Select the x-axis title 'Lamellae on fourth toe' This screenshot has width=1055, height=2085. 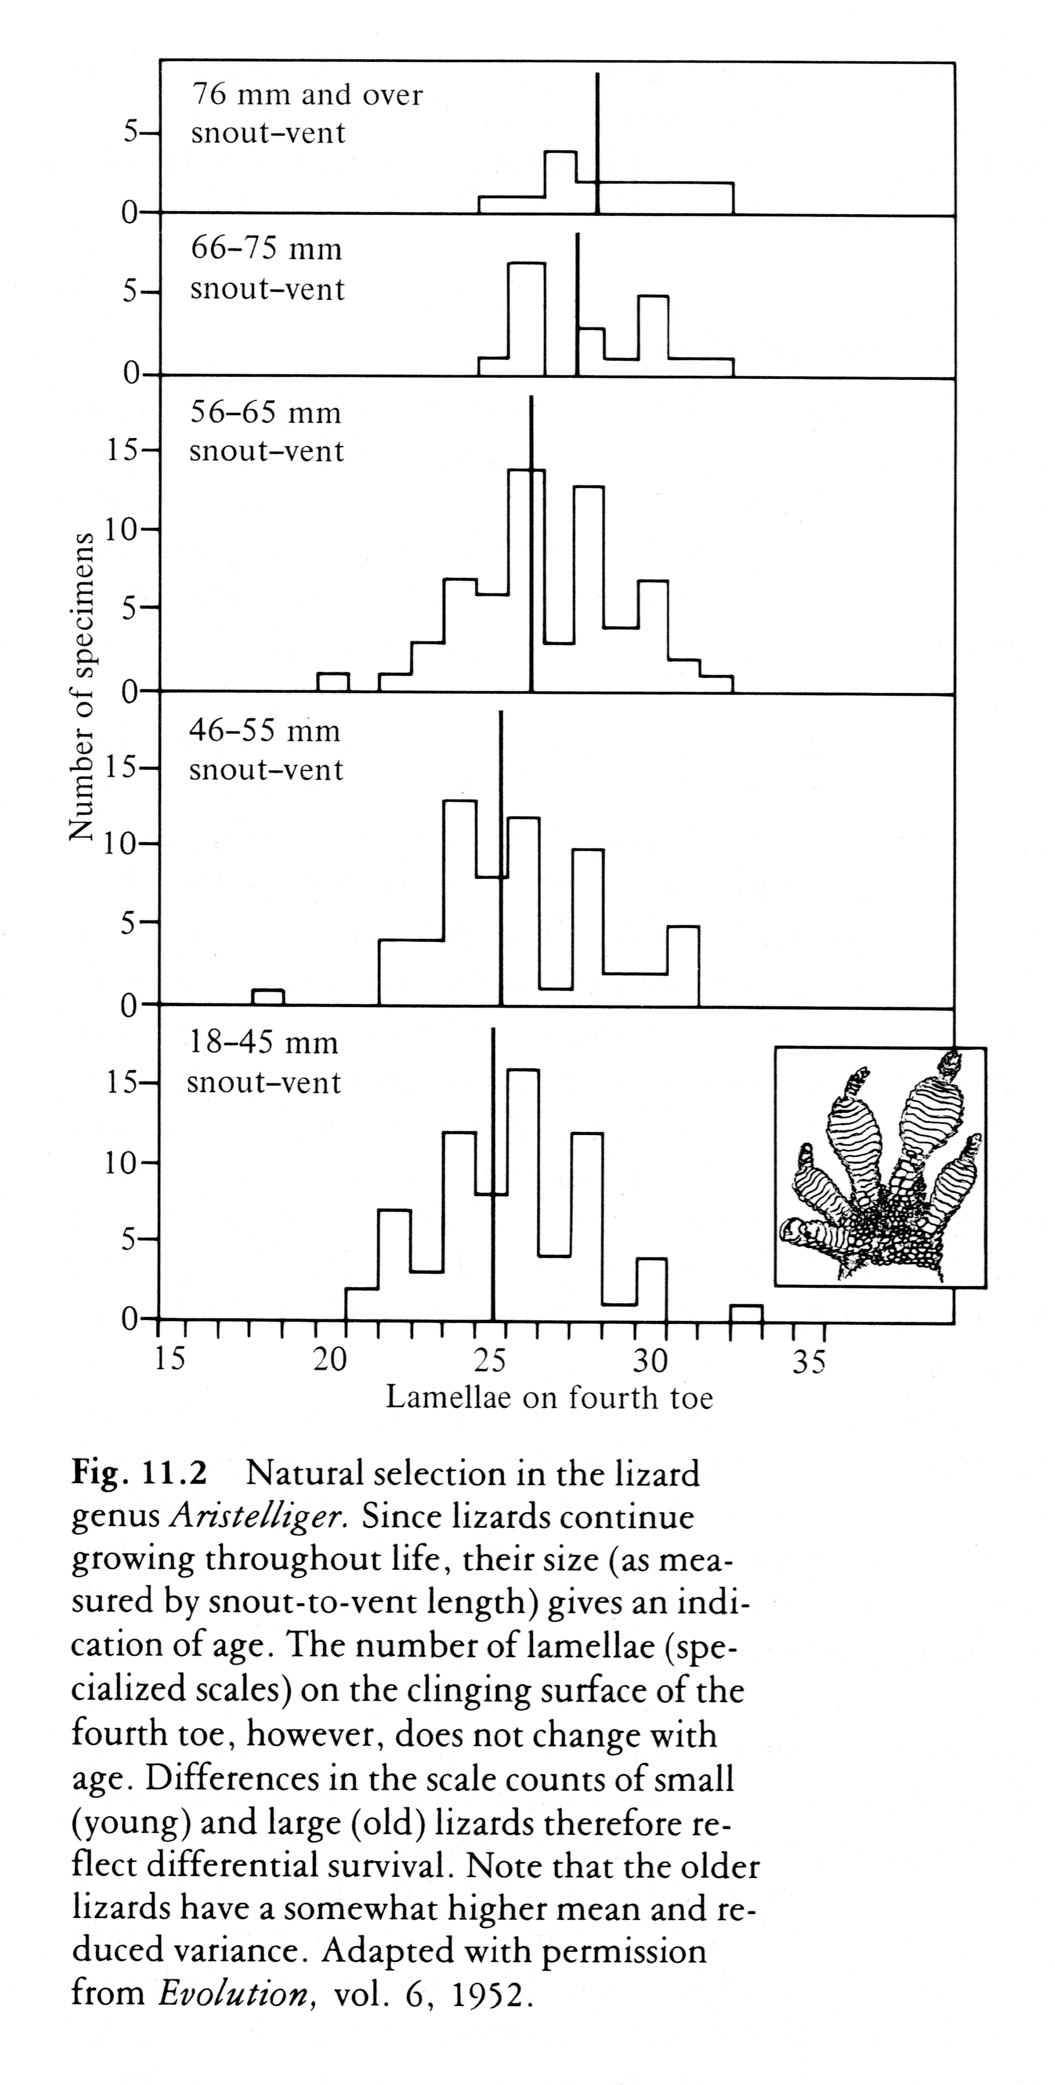(549, 1397)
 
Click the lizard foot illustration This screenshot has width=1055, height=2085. (880, 1166)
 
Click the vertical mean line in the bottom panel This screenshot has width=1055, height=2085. (493, 1174)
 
